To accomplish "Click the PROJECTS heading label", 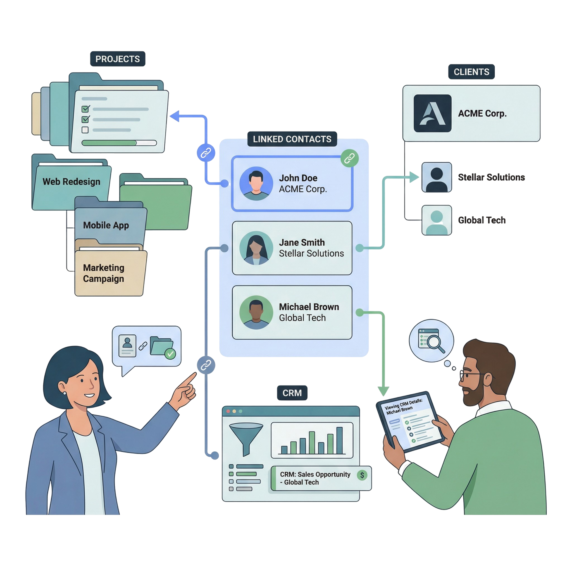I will coord(118,59).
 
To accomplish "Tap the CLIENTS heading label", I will coord(471,72).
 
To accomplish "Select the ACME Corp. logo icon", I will coord(432,113).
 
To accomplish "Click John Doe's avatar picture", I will coord(256,183).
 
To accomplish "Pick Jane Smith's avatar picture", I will coord(256,248).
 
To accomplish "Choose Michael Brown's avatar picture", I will coord(256,312).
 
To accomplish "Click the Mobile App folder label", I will coord(106,225).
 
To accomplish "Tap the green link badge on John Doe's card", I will coord(349,158).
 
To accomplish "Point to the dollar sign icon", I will coord(362,475).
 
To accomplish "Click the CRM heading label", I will coord(292,393).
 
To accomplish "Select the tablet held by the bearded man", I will coord(410,422).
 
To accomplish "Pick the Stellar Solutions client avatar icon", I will coord(437,177).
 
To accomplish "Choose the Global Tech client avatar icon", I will coord(437,220).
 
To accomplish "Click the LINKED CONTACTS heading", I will coord(292,139).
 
